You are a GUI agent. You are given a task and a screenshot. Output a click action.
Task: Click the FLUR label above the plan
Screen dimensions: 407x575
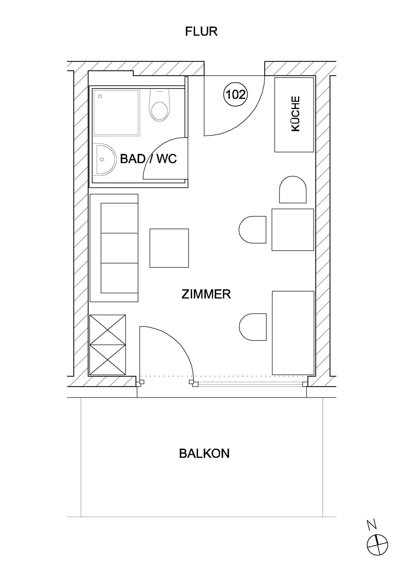pyautogui.click(x=201, y=31)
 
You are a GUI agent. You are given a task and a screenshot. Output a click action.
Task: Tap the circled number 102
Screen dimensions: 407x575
pyautogui.click(x=236, y=95)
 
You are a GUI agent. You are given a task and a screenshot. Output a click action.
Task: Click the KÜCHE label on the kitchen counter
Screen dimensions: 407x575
pyautogui.click(x=295, y=114)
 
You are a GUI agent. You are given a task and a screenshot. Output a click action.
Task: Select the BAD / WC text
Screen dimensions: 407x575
pyautogui.click(x=148, y=159)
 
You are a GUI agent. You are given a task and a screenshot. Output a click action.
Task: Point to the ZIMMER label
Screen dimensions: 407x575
pyautogui.click(x=206, y=294)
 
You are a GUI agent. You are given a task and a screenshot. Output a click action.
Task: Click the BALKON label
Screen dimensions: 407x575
pyautogui.click(x=204, y=453)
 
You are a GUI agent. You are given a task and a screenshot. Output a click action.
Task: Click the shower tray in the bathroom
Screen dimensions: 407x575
pyautogui.click(x=116, y=112)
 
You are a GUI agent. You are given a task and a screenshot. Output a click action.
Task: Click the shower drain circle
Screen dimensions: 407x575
pyautogui.click(x=100, y=96)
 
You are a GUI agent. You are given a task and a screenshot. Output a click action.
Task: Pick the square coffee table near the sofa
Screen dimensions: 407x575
pyautogui.click(x=169, y=248)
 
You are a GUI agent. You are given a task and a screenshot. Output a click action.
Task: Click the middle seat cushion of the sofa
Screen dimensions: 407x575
pyautogui.click(x=119, y=248)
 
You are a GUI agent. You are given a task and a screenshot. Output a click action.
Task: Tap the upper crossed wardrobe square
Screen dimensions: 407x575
pyautogui.click(x=108, y=329)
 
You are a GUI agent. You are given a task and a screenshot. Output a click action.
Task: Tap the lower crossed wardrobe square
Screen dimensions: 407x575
pyautogui.click(x=108, y=359)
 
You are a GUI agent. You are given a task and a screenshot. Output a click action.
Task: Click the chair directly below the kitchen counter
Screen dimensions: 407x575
pyautogui.click(x=293, y=190)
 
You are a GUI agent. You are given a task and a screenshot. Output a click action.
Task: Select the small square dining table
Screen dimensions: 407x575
pyautogui.click(x=293, y=230)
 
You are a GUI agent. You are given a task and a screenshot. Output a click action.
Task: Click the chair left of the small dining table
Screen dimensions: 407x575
pyautogui.click(x=253, y=230)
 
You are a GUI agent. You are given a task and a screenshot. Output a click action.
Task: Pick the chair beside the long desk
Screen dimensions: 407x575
pyautogui.click(x=253, y=327)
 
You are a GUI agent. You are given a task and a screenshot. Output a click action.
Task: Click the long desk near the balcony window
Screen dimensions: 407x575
pyautogui.click(x=293, y=333)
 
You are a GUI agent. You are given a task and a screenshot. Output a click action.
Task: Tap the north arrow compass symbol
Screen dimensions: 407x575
pyautogui.click(x=377, y=544)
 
